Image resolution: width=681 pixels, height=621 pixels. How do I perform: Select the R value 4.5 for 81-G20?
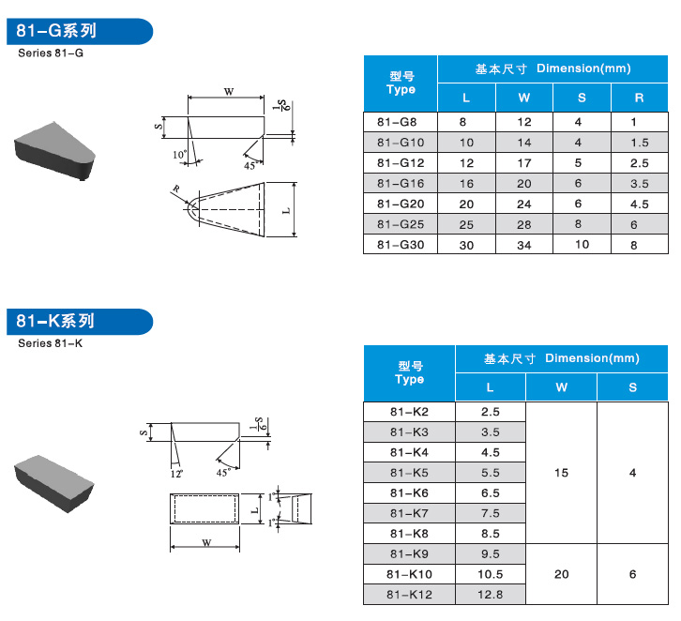(x=640, y=204)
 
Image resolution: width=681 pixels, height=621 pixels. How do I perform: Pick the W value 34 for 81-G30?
(x=523, y=246)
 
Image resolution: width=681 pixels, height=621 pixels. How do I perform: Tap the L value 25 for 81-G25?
(x=466, y=224)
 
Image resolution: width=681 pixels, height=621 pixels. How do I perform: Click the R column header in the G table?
(x=639, y=98)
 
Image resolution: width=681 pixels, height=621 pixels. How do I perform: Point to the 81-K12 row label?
(x=409, y=595)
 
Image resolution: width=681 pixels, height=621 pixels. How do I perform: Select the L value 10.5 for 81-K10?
(x=490, y=574)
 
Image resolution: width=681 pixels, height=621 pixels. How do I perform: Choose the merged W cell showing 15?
(x=561, y=473)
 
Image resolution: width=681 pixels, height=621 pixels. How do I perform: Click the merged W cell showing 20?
(x=561, y=574)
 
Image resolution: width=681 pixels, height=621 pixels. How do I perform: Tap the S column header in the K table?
(x=632, y=387)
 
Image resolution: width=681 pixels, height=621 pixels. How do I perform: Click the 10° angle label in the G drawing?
(x=179, y=155)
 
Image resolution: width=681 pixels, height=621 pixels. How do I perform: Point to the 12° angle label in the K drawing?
(x=176, y=474)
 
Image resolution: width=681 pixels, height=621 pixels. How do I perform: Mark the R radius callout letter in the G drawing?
(x=176, y=189)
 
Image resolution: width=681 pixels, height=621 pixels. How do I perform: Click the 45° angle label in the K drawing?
(x=223, y=473)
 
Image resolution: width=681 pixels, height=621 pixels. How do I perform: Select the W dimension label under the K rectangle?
(x=206, y=543)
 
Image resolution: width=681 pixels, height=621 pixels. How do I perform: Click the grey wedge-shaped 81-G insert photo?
(x=54, y=150)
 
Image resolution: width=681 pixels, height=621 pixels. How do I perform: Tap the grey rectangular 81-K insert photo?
(x=53, y=483)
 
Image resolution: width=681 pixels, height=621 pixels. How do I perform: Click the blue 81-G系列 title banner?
(x=80, y=31)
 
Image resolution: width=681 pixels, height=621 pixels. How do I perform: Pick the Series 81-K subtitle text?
(x=50, y=343)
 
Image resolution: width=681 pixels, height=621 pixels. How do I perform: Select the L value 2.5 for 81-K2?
(x=490, y=412)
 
